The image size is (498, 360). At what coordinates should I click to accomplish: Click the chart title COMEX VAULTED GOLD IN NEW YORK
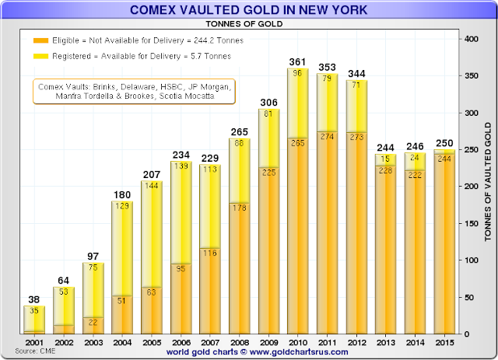pyautogui.click(x=249, y=9)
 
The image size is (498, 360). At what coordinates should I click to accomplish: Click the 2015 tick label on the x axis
pyautogui.click(x=446, y=343)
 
